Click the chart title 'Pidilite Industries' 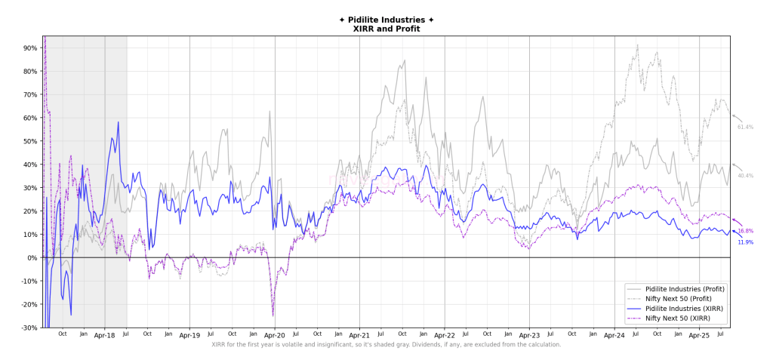tap(386, 20)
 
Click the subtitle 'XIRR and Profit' tap(386, 29)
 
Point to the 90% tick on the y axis tap(30, 48)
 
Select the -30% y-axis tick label tap(29, 328)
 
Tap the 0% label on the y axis tap(32, 258)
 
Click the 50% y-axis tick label tap(30, 141)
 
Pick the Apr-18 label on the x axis tap(105, 335)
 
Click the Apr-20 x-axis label tap(275, 335)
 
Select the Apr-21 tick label tap(359, 335)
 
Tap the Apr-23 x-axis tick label tap(529, 335)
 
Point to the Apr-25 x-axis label tap(700, 335)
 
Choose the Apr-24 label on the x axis tap(614, 335)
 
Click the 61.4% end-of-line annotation tap(745, 128)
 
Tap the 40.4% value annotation tap(745, 176)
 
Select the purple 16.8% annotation tap(745, 231)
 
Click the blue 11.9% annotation tap(745, 242)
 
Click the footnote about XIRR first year tap(386, 345)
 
